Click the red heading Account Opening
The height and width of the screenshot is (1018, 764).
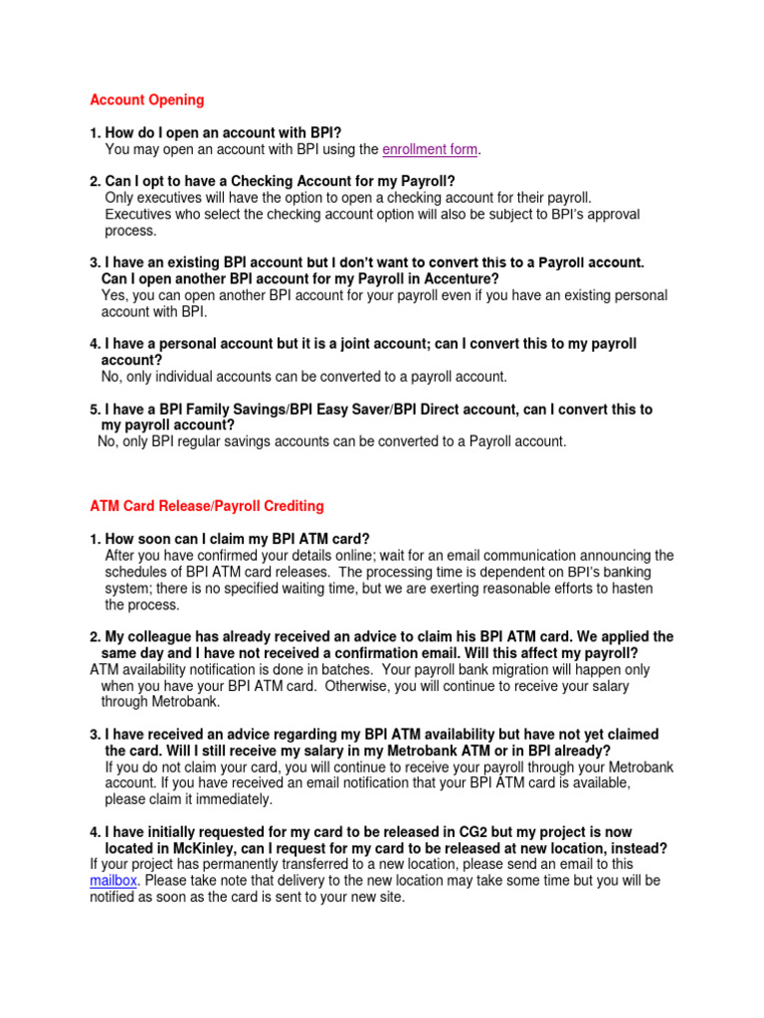146,99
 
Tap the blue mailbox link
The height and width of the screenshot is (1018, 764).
113,881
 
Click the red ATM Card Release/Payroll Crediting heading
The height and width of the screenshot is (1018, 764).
207,506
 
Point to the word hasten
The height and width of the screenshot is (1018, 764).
632,588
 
